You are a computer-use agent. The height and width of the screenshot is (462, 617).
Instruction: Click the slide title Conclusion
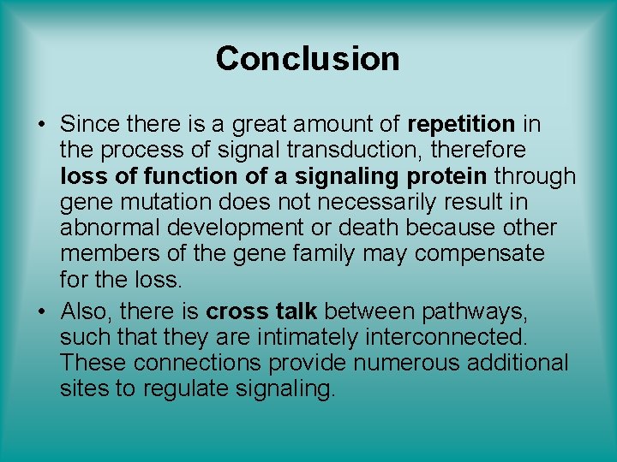(x=308, y=59)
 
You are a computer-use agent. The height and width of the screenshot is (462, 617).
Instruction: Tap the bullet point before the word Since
(x=41, y=125)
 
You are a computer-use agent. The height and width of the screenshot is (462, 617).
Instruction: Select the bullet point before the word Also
(x=41, y=311)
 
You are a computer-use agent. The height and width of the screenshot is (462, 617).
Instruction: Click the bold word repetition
(x=462, y=124)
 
